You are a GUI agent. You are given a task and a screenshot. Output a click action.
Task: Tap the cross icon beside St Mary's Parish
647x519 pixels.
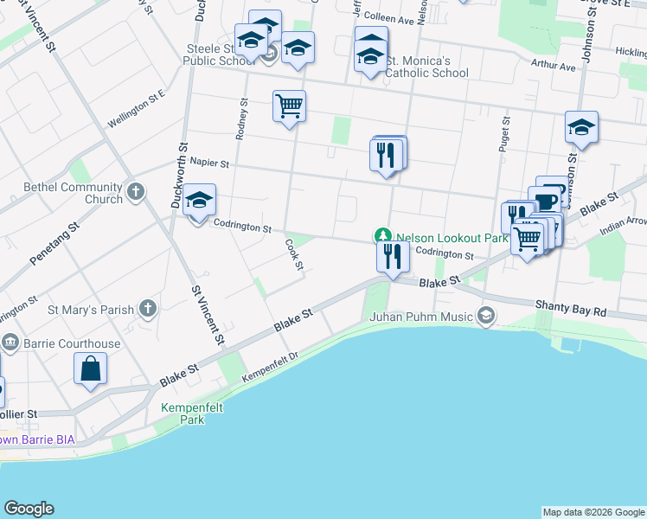[x=148, y=309]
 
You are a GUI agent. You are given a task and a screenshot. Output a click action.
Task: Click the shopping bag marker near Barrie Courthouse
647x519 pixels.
[x=90, y=369]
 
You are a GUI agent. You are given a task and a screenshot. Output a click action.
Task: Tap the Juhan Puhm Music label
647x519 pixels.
[x=422, y=316]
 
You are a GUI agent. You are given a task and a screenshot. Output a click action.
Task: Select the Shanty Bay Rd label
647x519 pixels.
[x=571, y=305]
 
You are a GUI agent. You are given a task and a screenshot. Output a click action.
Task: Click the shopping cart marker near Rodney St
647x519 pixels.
[x=289, y=106]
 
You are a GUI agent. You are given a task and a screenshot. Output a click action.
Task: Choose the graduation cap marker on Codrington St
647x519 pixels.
[x=199, y=202]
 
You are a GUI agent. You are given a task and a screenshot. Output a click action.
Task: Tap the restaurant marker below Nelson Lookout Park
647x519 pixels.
[x=393, y=256]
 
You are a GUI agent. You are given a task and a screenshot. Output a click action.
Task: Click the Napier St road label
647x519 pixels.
[x=209, y=163]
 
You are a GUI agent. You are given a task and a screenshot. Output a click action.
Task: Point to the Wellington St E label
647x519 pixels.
[x=137, y=112]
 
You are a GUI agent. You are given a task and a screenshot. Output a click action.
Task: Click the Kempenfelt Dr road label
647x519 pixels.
[x=270, y=368]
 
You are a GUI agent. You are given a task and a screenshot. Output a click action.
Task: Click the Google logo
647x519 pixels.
[x=29, y=509]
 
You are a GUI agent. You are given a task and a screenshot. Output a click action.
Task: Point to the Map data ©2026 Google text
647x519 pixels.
[x=593, y=512]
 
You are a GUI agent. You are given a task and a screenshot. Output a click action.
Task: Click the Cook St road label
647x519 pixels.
[x=294, y=254]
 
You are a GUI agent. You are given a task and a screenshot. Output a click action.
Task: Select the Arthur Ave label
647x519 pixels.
[x=554, y=66]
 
